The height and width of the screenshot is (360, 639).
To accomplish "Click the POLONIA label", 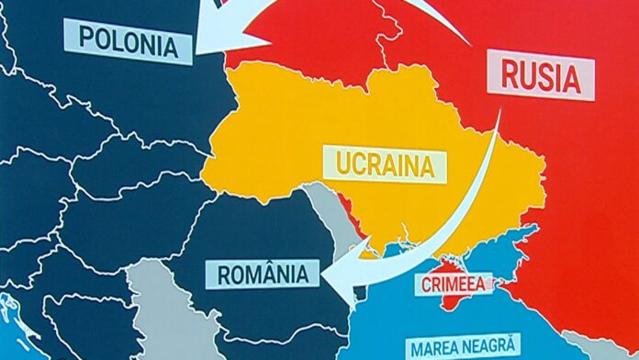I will (x=128, y=40).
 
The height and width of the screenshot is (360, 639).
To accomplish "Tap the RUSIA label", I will (x=542, y=77).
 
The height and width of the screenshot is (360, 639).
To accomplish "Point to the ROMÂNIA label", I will (x=263, y=273).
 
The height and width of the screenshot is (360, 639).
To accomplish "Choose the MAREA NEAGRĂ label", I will (x=464, y=348).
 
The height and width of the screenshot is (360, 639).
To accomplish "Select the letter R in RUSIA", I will (x=510, y=77).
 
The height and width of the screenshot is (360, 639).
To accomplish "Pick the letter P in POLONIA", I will (x=85, y=39).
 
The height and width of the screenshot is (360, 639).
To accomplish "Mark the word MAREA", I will (x=432, y=348).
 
